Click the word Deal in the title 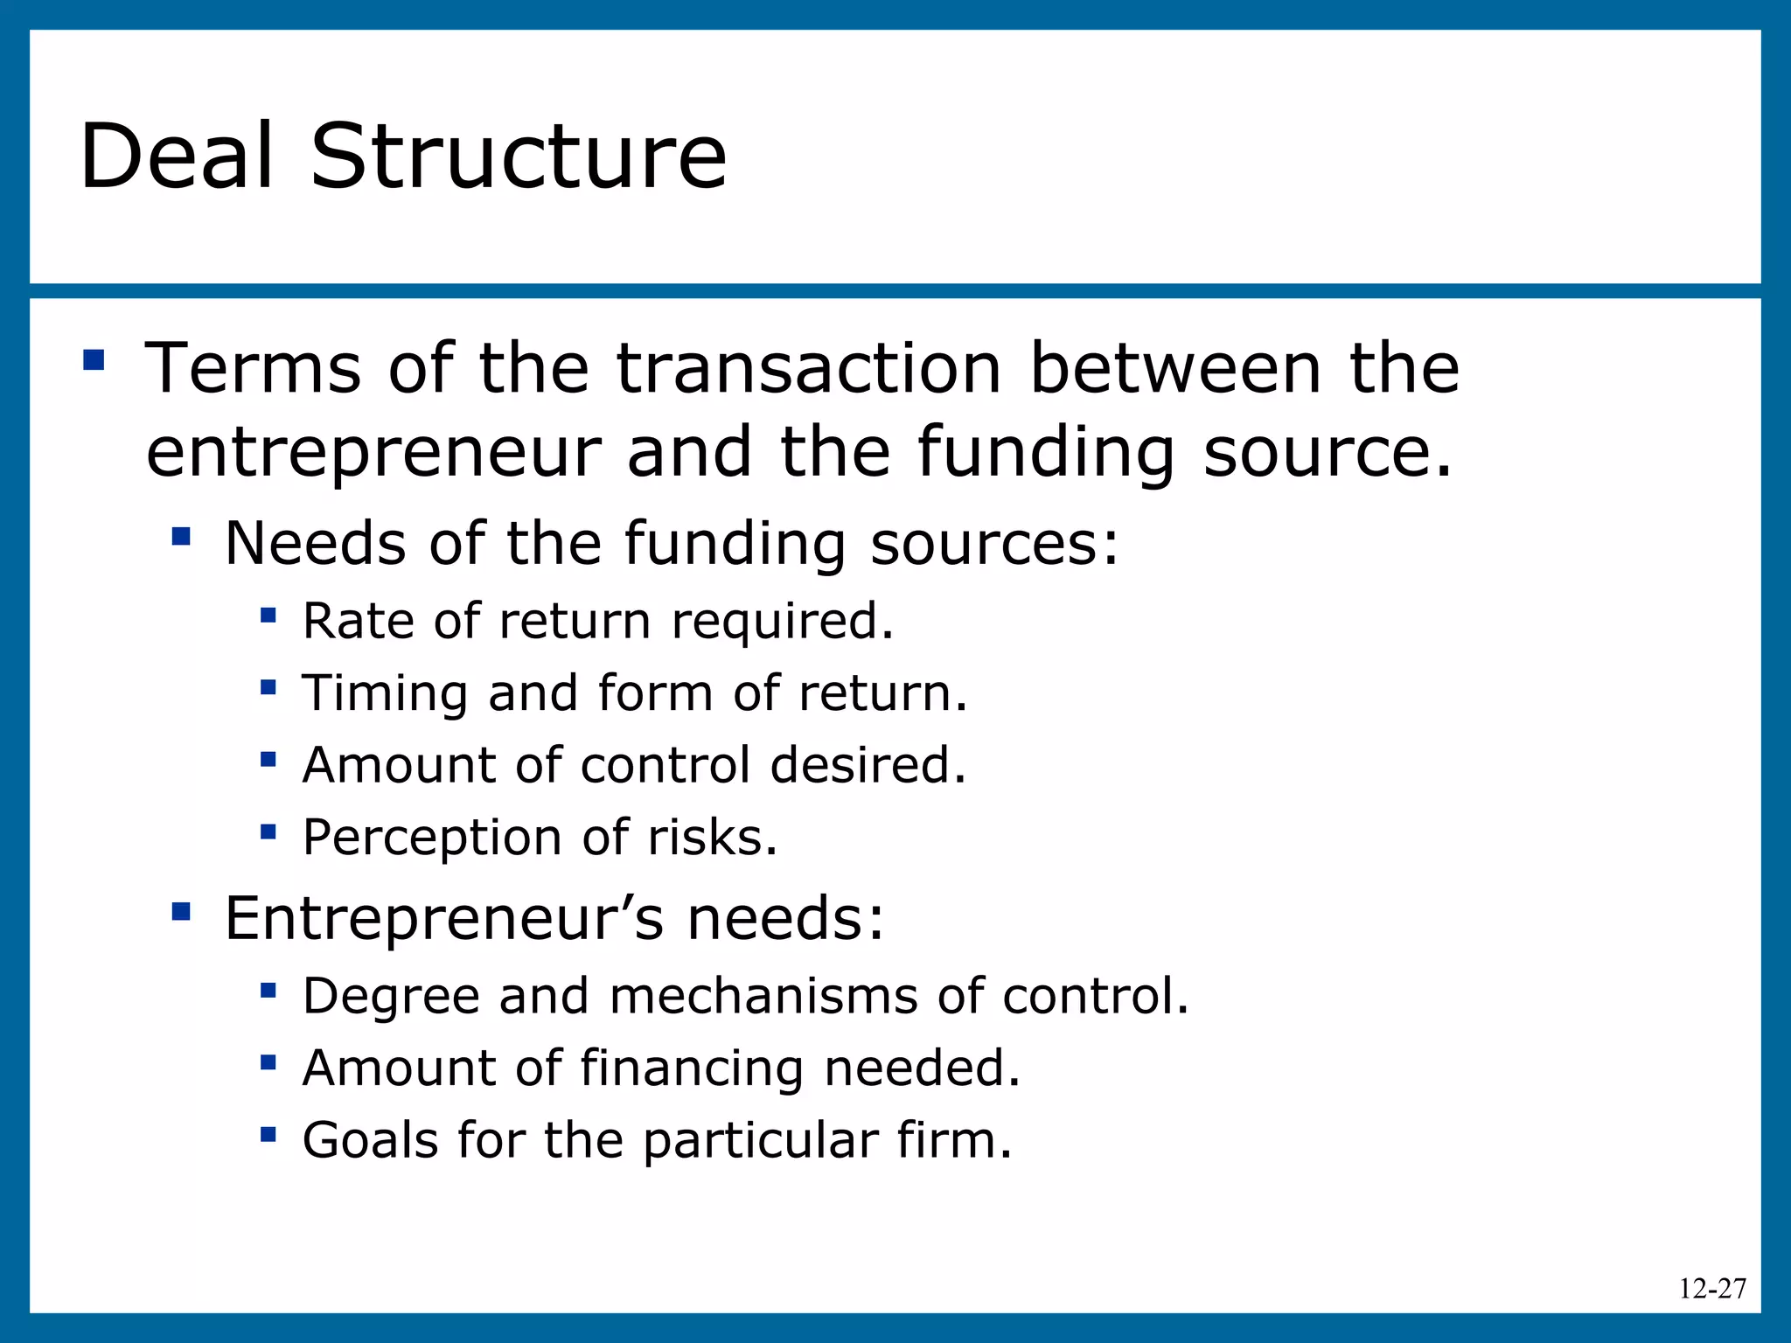pos(177,157)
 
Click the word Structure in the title pos(519,157)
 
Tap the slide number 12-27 pos(1712,1289)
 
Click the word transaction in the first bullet pos(808,368)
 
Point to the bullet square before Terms pos(94,360)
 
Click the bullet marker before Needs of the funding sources pos(182,536)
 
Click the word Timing pos(385,693)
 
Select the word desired pos(868,765)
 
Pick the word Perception pos(432,838)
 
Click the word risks pos(712,838)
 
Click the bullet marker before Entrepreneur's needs pos(182,911)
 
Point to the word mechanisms pos(763,996)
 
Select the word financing pos(691,1068)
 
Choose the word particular pos(760,1142)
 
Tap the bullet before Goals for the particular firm pos(268,1135)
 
